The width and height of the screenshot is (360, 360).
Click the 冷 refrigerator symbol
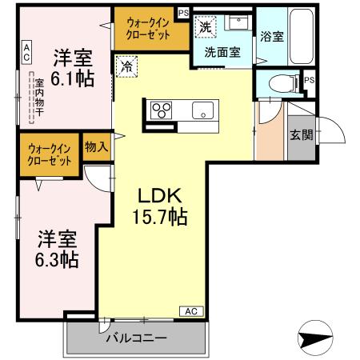click(126, 67)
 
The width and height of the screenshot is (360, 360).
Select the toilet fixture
click(277, 82)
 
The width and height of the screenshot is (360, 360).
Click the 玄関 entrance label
click(300, 134)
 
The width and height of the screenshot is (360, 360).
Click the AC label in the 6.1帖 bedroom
click(26, 53)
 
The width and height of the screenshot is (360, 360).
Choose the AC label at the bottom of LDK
click(192, 310)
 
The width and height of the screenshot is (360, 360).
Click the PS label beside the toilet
click(309, 80)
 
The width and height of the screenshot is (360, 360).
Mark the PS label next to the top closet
click(183, 14)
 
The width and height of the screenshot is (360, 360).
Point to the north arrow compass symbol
click(315, 336)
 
